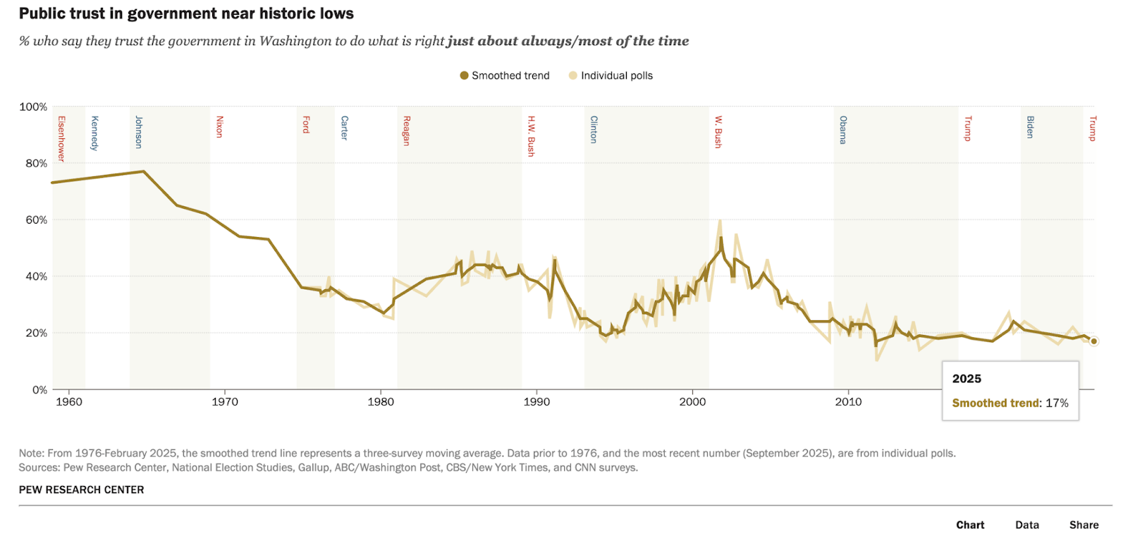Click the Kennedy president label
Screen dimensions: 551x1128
[94, 133]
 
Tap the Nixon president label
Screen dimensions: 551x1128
[219, 127]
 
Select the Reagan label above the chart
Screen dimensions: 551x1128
[406, 131]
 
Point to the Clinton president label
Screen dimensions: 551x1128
[594, 130]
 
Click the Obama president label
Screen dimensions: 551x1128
[843, 130]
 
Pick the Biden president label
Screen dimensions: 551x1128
[1030, 127]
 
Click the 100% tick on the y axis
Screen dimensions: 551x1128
[33, 107]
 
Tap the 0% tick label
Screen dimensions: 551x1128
[39, 389]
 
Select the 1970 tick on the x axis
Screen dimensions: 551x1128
[225, 401]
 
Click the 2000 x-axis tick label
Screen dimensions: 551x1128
[692, 401]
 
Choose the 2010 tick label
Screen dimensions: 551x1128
[848, 401]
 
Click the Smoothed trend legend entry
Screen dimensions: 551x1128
[504, 75]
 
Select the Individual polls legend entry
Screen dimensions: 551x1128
[611, 75]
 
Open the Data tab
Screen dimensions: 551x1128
[1026, 525]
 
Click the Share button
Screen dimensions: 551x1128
[1084, 525]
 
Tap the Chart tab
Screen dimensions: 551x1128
[970, 525]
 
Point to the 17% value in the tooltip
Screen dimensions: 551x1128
[1057, 403]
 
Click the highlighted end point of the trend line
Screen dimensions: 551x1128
[1093, 341]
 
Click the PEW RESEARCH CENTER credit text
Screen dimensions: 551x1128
[81, 490]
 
